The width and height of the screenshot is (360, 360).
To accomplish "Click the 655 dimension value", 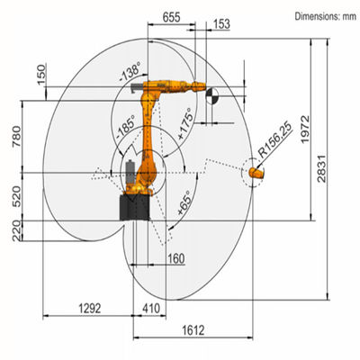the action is [171, 17].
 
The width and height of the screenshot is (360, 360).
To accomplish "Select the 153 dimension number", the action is [221, 24].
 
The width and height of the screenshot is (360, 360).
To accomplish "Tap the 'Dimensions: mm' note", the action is [326, 16].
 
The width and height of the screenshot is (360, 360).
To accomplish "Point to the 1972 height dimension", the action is [305, 129].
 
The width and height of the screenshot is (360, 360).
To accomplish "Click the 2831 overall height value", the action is [321, 168].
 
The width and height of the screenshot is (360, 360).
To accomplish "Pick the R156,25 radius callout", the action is [275, 140].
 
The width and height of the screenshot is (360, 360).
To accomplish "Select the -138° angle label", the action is [130, 71].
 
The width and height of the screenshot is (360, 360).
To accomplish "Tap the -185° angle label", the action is [125, 127].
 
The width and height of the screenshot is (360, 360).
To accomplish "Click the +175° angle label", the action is [185, 123].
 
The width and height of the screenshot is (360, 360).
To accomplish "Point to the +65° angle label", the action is [184, 202].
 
